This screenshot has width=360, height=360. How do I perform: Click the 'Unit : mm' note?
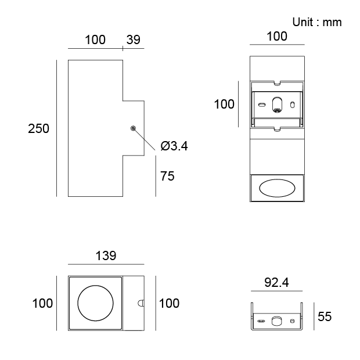[316, 22]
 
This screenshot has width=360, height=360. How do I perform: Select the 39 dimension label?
[134, 39]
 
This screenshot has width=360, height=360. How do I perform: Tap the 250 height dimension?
[39, 128]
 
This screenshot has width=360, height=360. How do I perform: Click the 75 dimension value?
[167, 176]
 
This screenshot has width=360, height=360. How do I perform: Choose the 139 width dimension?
[106, 255]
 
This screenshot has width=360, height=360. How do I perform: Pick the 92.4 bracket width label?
[277, 283]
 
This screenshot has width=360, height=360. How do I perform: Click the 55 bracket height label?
[325, 317]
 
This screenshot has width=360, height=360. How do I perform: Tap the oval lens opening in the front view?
[277, 188]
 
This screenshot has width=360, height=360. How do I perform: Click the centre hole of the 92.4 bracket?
[277, 320]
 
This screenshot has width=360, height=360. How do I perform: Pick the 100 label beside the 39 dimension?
[95, 39]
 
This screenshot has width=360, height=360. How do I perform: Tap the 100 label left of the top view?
[42, 303]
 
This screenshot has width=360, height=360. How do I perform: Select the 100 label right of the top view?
[169, 303]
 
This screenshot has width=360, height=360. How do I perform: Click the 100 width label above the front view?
[277, 36]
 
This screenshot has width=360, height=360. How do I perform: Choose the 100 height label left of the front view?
[224, 105]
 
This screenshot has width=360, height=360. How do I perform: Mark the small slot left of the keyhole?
[262, 105]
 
